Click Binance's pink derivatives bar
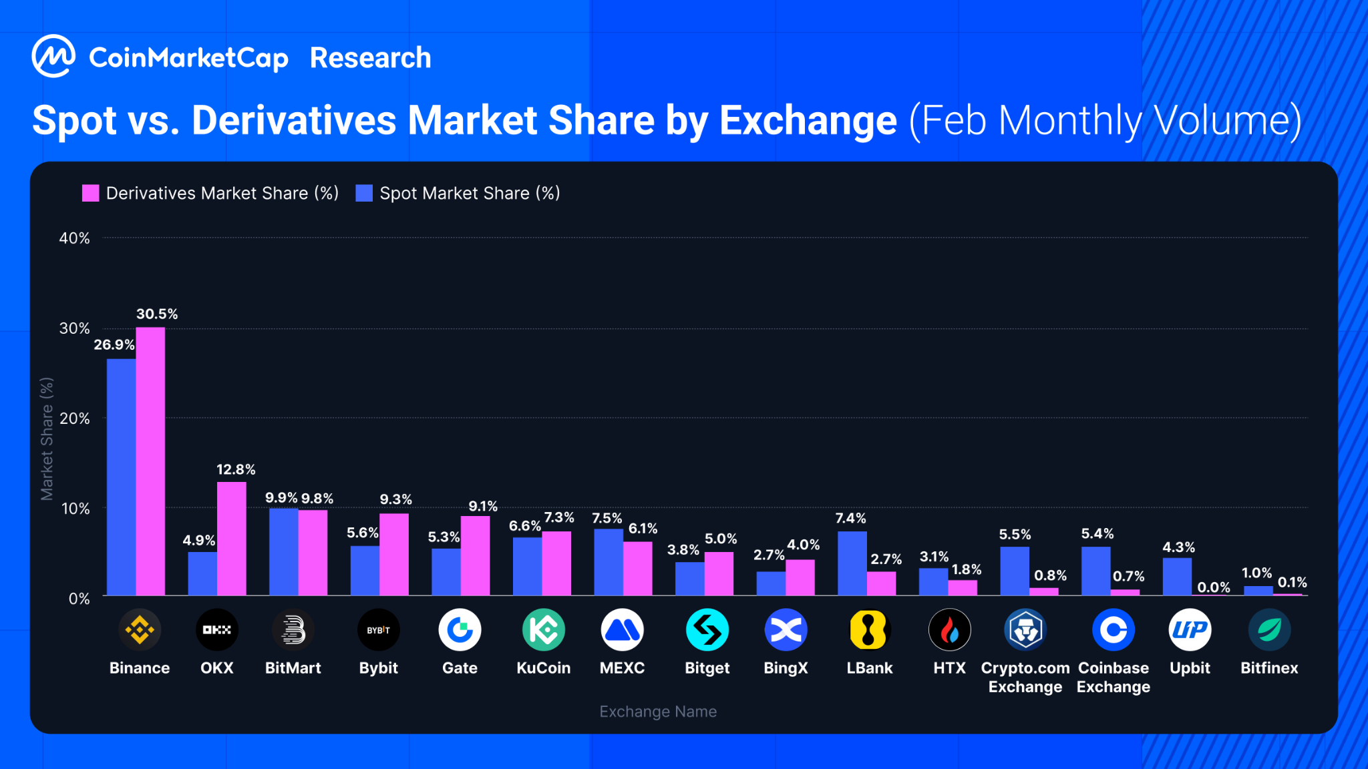click(x=150, y=461)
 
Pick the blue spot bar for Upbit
click(x=1177, y=576)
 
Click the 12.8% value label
click(x=236, y=469)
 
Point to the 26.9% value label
click(x=114, y=344)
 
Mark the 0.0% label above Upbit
click(x=1213, y=587)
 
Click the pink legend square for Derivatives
click(x=90, y=194)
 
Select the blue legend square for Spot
click(x=364, y=194)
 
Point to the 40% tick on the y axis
click(x=74, y=238)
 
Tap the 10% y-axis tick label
click(x=75, y=509)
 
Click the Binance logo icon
click(x=140, y=629)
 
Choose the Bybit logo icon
click(x=379, y=629)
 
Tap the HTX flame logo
click(x=949, y=629)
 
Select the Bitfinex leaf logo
click(x=1269, y=629)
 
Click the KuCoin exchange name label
click(x=543, y=668)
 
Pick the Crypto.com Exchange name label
click(x=1025, y=678)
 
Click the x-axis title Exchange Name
click(x=658, y=712)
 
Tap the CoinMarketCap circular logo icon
click(x=53, y=57)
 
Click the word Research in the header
click(x=371, y=58)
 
